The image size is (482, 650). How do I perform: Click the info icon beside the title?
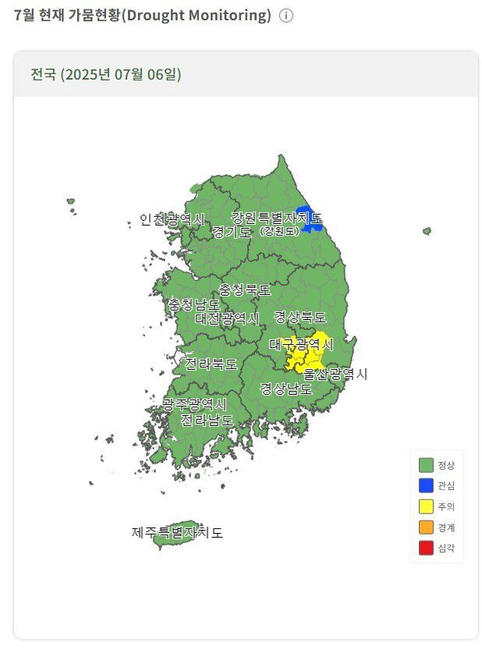click(x=286, y=16)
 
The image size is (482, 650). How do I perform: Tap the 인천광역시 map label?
click(x=172, y=220)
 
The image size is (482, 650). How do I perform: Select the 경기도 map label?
click(x=232, y=232)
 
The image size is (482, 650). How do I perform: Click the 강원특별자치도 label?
click(x=276, y=218)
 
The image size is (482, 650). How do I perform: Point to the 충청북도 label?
click(x=245, y=289)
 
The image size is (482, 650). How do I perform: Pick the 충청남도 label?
click(x=193, y=305)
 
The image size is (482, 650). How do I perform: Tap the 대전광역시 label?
click(x=227, y=318)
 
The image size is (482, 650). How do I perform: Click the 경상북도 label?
click(x=300, y=317)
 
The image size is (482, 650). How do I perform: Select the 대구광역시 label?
click(x=301, y=344)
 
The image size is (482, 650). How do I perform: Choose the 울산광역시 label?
click(x=335, y=374)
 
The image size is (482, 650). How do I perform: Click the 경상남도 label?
click(x=286, y=388)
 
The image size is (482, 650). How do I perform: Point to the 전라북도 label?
click(x=211, y=364)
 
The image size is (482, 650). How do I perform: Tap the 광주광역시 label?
click(x=194, y=404)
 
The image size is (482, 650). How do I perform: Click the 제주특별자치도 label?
click(x=177, y=533)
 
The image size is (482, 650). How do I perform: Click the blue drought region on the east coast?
click(x=310, y=219)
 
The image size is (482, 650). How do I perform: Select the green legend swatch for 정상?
click(x=426, y=465)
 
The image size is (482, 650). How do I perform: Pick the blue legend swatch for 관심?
click(x=426, y=485)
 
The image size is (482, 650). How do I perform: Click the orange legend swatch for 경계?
click(x=426, y=527)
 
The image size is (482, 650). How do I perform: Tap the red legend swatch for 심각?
click(x=426, y=549)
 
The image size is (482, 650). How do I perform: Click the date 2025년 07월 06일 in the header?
click(x=122, y=75)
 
